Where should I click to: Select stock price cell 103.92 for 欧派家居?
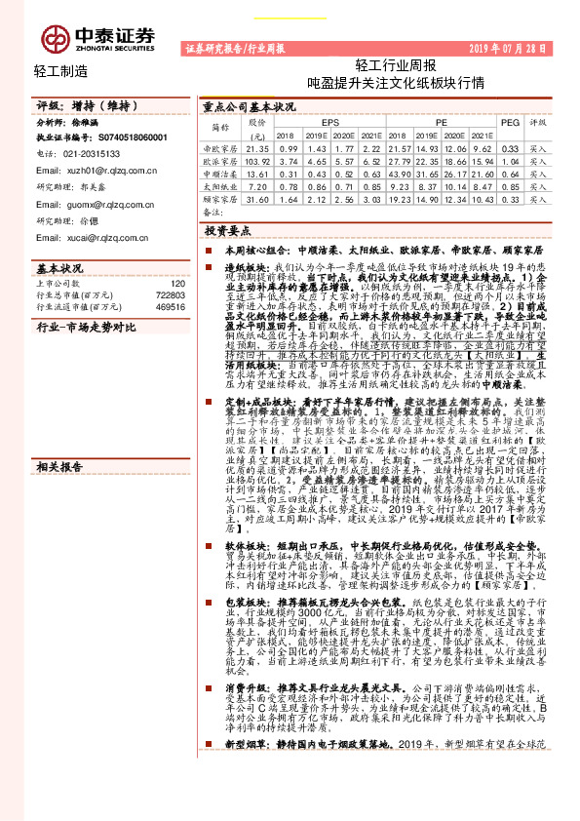[x=257, y=159]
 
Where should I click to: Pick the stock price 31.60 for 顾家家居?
[x=257, y=197]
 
